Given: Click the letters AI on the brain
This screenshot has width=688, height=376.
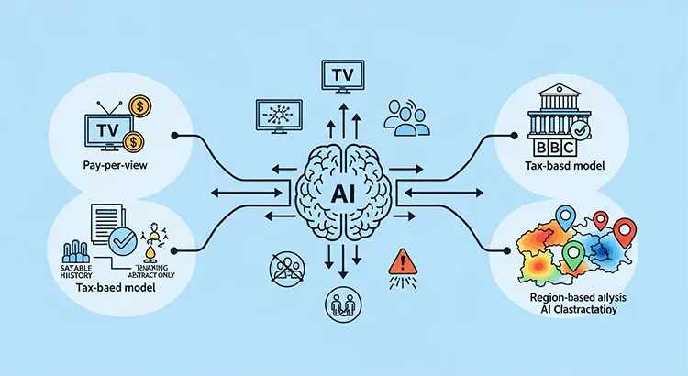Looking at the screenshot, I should (344, 195).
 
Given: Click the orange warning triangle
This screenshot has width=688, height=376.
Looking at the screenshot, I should (402, 260).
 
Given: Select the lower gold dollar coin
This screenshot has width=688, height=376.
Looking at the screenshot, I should (135, 141).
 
